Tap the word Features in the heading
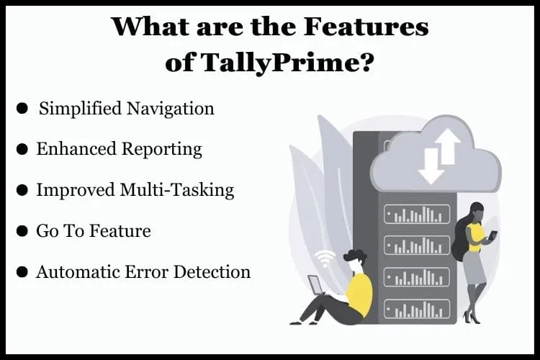point(366,27)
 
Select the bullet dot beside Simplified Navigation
point(22,108)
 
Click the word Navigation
point(171,109)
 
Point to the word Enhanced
point(76,149)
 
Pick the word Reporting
point(162,150)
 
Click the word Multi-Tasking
point(176,190)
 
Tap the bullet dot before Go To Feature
point(22,231)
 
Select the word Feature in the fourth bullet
point(120,231)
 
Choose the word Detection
point(212,272)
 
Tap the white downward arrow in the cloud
point(431,166)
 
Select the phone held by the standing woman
point(493,235)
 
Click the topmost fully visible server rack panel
point(417,214)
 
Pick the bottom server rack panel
point(417,309)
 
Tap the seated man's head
point(355,261)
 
